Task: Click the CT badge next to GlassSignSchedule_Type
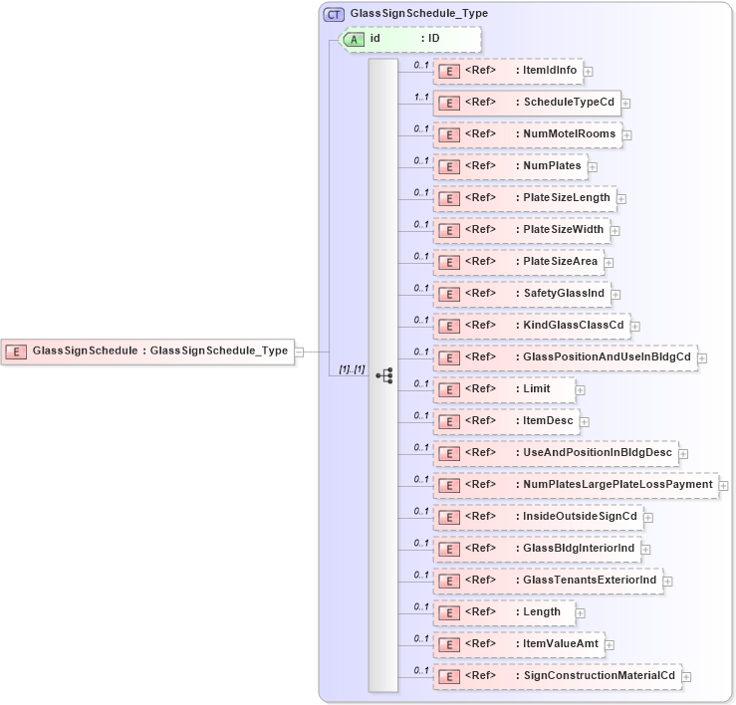click(x=334, y=14)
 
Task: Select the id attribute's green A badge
click(x=354, y=39)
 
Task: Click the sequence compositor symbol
click(x=383, y=375)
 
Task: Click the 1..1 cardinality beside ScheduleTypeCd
click(x=420, y=97)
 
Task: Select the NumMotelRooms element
click(x=528, y=134)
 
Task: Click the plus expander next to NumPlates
click(x=592, y=166)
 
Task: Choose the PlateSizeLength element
click(x=524, y=198)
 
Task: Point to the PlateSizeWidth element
click(x=521, y=230)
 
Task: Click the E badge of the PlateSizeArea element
click(x=449, y=262)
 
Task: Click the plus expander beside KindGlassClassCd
click(x=634, y=326)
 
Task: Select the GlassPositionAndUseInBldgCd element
click(x=564, y=357)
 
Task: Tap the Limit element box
click(x=504, y=389)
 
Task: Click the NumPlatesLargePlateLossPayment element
click(x=575, y=485)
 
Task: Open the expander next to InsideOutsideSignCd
click(x=647, y=517)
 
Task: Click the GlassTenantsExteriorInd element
click(x=547, y=581)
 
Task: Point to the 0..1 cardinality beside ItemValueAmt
click(x=420, y=638)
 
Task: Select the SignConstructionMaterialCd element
click(x=557, y=676)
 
